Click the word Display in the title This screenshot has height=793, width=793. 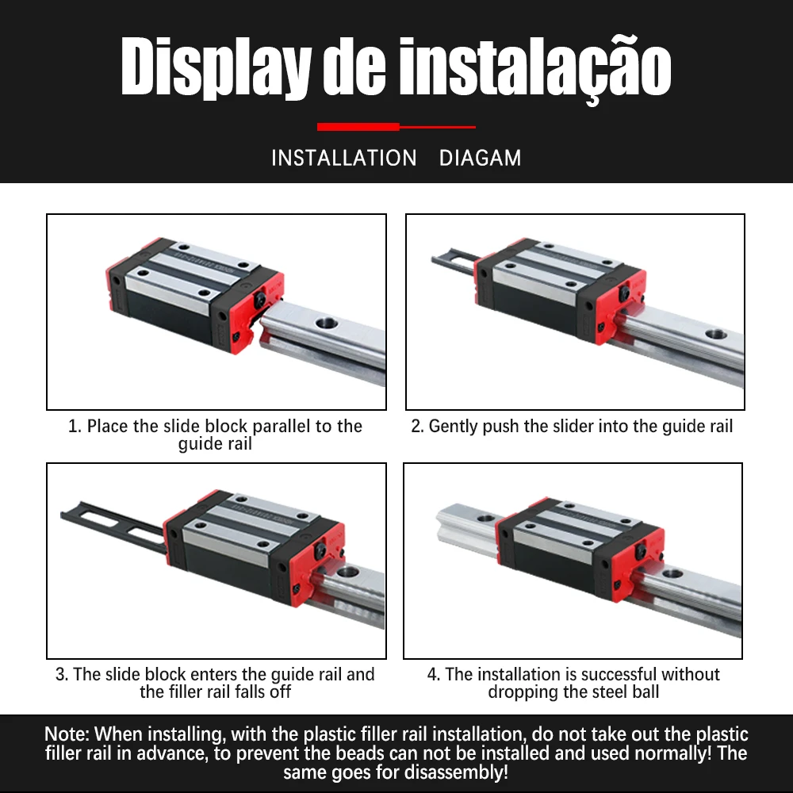216,67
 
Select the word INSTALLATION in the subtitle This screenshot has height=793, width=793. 344,158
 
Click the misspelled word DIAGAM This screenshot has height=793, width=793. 480,158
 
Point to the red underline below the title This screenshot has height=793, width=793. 396,127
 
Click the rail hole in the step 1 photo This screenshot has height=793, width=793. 327,322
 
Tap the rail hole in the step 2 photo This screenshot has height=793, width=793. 716,335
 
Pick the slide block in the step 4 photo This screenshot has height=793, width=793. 580,548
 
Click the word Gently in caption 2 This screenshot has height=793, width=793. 453,427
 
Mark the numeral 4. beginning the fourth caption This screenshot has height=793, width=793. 434,674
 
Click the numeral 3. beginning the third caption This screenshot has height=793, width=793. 62,674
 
